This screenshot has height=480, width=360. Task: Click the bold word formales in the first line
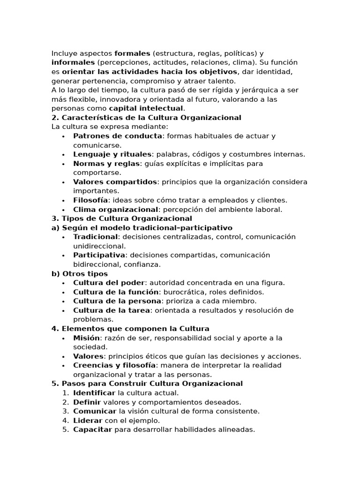132,53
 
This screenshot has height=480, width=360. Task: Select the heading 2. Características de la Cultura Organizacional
146,118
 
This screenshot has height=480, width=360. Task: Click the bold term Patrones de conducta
118,136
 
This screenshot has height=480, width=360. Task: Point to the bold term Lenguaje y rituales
112,154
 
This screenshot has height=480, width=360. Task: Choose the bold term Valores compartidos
115,182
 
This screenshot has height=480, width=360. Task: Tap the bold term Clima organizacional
115,210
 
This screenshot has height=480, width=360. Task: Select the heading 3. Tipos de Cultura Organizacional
122,218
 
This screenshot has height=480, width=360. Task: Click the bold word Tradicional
96,237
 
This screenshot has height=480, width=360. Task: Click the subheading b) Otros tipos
80,274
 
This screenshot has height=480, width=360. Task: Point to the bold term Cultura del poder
109,283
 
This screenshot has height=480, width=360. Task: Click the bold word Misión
86,338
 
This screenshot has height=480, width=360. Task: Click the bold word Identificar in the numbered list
94,393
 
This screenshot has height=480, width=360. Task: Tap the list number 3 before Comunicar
65,411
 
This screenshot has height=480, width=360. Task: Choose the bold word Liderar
88,420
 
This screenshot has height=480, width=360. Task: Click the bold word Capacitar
93,429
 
